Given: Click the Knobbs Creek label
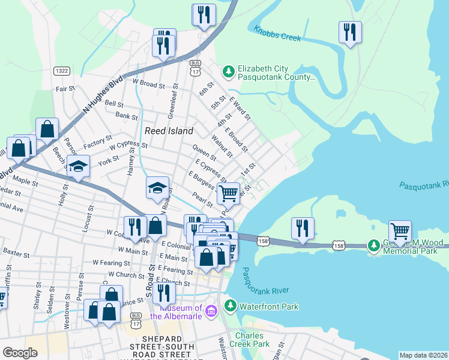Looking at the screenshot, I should (277, 34).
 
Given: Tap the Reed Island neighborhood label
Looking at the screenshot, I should (169, 131).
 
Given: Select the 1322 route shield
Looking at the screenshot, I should (61, 71).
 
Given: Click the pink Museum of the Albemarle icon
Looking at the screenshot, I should (211, 310).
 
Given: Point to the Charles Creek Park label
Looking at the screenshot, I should (253, 340).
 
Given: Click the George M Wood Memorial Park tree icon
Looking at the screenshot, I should (375, 245).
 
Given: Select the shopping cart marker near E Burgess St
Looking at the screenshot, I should (228, 194).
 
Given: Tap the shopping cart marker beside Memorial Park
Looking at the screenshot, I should (400, 230).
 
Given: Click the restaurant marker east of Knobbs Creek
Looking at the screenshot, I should (350, 31).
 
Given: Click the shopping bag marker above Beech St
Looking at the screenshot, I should (47, 128).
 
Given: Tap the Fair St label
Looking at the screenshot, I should (64, 88).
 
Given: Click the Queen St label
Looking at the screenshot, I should (204, 152).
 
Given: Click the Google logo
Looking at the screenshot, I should (20, 353).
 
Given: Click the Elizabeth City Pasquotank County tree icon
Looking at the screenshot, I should (228, 72).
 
